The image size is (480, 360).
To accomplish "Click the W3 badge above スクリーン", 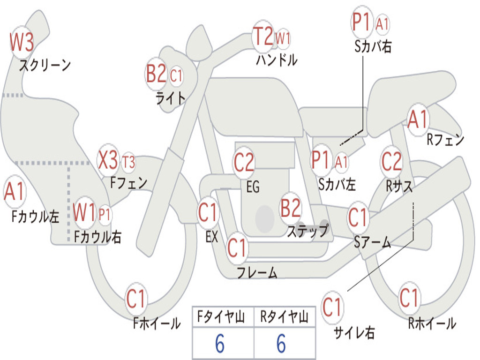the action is pyautogui.click(x=22, y=43).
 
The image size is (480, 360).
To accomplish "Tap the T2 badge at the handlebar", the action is pyautogui.click(x=263, y=37).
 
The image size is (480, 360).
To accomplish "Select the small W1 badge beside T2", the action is pyautogui.click(x=283, y=38).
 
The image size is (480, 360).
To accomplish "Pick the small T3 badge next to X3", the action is pyautogui.click(x=128, y=162).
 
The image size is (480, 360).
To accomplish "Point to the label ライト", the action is pyautogui.click(x=171, y=97).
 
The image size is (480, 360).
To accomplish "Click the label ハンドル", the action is pyautogui.click(x=277, y=60).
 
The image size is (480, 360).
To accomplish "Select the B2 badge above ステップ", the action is pyautogui.click(x=290, y=208).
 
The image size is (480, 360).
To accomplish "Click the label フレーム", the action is pyautogui.click(x=257, y=272).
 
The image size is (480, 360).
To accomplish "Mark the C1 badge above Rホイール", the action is pyautogui.click(x=409, y=297).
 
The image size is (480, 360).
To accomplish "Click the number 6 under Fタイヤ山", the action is pyautogui.click(x=220, y=344).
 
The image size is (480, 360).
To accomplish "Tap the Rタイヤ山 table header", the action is pyautogui.click(x=284, y=318).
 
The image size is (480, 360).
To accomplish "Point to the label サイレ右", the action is pyautogui.click(x=354, y=332).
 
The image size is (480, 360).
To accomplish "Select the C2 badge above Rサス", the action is pyautogui.click(x=391, y=161).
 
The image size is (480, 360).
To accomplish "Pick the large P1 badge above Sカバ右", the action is pyautogui.click(x=362, y=22).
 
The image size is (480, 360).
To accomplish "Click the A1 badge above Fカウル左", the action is pyautogui.click(x=14, y=193).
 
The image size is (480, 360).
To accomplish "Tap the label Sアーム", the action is pyautogui.click(x=372, y=242).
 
